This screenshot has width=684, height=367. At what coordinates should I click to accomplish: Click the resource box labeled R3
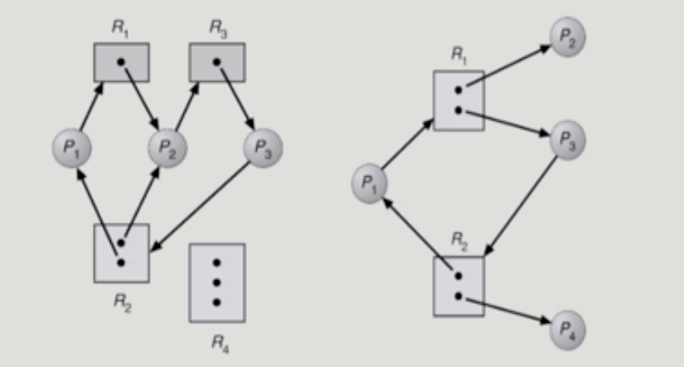coord(216,62)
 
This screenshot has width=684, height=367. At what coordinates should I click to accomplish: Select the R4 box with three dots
coord(216,282)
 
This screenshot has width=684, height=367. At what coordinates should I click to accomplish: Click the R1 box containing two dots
coord(458,100)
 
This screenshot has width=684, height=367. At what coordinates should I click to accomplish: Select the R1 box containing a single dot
coord(121,62)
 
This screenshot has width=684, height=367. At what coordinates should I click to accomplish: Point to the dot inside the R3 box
coord(216,62)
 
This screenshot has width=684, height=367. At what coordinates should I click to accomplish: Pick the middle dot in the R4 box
coord(216,282)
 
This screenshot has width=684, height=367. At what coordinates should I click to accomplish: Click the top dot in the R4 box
coord(216,263)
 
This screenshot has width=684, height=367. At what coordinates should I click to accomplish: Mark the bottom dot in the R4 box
coord(216,301)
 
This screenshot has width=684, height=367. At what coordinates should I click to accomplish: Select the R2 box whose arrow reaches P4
coord(458,286)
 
